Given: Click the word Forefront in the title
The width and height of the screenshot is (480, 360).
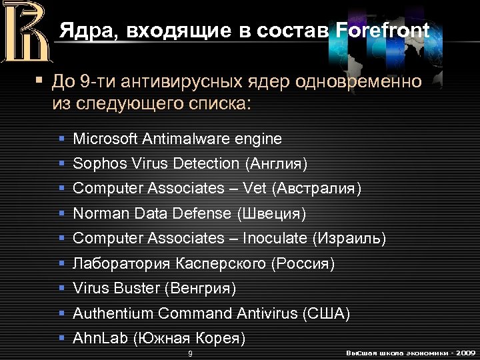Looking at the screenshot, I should [x=383, y=31].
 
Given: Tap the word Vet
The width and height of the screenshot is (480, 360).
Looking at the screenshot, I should [x=255, y=189].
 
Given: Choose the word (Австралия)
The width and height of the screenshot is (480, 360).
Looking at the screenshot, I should [x=317, y=189].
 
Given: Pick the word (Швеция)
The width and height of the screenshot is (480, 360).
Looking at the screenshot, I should [x=271, y=214].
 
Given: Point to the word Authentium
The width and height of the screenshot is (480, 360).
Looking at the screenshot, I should [x=109, y=313].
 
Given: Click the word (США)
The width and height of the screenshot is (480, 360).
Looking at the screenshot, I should [x=326, y=313].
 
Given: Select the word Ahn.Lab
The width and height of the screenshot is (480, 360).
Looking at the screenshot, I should [x=101, y=338].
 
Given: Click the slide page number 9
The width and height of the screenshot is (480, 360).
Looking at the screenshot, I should [x=191, y=353].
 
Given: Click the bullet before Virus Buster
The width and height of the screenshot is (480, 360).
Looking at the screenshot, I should [x=61, y=289].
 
